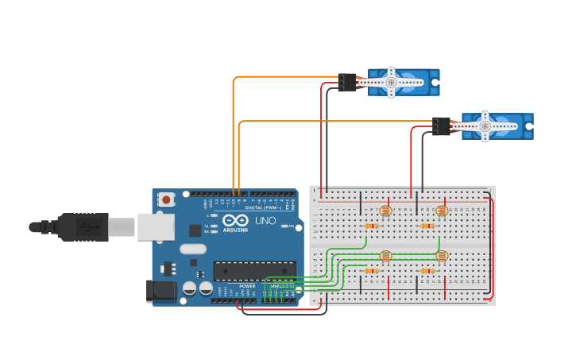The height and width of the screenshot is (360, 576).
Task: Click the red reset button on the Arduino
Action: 166,199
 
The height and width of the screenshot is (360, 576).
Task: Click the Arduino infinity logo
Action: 234,219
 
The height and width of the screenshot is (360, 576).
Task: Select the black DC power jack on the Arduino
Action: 161,291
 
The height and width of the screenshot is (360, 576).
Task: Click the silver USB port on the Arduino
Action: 155,226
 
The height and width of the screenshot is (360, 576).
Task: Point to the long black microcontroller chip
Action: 254,271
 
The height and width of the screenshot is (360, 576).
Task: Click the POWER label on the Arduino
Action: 247,286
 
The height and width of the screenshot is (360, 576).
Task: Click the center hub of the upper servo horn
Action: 391,81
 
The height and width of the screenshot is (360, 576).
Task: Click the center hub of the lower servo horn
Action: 485,126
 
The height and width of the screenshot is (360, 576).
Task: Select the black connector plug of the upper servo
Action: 347,82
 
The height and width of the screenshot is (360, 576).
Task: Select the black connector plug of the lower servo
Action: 442,126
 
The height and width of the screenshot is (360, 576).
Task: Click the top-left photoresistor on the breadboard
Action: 386,211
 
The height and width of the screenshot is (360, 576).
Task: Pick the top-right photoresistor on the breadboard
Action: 443,211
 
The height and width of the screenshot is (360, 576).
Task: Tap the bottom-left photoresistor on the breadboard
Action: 386,256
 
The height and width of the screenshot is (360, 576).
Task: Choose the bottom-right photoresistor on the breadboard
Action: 443,256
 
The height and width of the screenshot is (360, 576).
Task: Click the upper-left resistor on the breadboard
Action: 371,226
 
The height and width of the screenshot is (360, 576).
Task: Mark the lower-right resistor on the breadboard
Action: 427,271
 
